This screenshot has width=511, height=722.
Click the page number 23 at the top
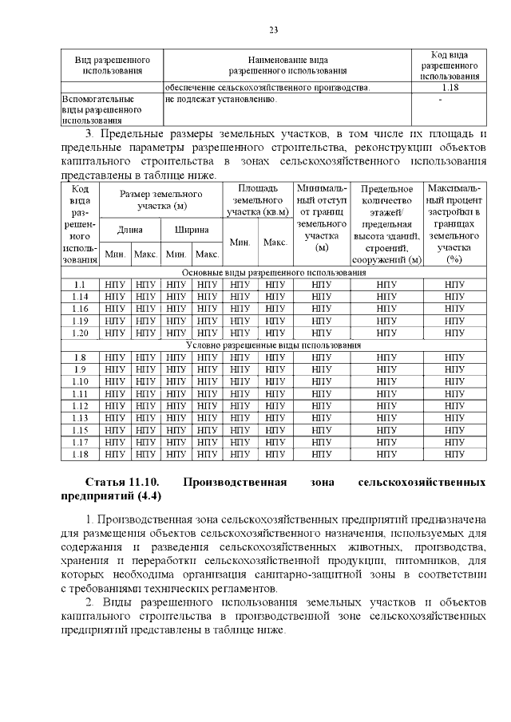(x=273, y=30)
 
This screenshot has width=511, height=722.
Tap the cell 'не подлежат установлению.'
(x=221, y=100)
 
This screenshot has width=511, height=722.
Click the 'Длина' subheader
(x=129, y=230)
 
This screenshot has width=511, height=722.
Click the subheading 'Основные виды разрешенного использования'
(x=272, y=273)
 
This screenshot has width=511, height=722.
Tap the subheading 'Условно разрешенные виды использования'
(x=272, y=345)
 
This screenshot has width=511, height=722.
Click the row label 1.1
(x=79, y=285)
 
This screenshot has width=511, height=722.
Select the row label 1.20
(x=79, y=333)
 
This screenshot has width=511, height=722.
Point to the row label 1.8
(x=79, y=357)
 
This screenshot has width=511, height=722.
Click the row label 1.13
(x=79, y=417)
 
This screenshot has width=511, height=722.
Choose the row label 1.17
(x=79, y=441)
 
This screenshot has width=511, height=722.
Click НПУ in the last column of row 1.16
(x=454, y=309)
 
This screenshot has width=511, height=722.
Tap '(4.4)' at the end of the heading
(x=149, y=497)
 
